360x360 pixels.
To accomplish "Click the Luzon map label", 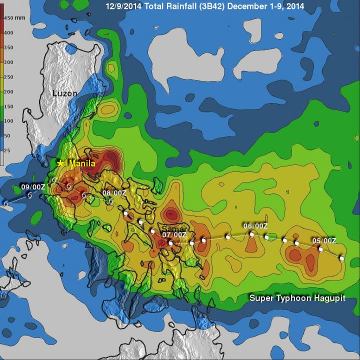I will [65, 93].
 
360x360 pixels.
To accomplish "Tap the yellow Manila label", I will [82, 163].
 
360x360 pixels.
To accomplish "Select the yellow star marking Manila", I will [60, 163].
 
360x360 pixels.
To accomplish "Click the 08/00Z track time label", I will [114, 193].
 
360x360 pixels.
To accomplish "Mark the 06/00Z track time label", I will [255, 226].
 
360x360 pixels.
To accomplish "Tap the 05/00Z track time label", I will [324, 240].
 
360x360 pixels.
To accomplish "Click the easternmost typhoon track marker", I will [342, 258].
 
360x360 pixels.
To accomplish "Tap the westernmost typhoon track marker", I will [6, 204].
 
